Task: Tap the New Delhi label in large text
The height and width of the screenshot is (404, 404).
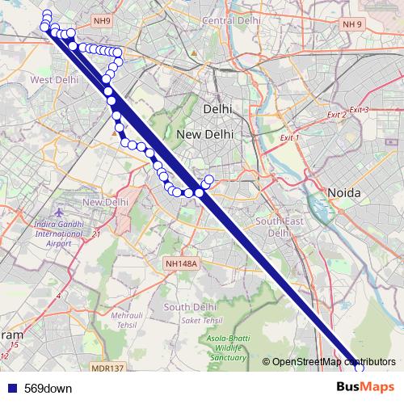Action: [x=204, y=134]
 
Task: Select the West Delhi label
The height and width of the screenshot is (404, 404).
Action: [x=54, y=80]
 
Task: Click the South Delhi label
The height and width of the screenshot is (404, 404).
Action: [x=187, y=307]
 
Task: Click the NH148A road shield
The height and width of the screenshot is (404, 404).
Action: [x=180, y=263]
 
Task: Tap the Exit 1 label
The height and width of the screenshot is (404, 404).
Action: [x=289, y=138]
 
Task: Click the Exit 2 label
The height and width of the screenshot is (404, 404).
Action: [x=335, y=115]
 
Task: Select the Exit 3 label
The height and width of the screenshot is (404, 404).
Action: [x=359, y=109]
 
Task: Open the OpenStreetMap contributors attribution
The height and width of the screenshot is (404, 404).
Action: [x=334, y=362]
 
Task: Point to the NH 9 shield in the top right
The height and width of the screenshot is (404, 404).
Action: [x=352, y=24]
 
